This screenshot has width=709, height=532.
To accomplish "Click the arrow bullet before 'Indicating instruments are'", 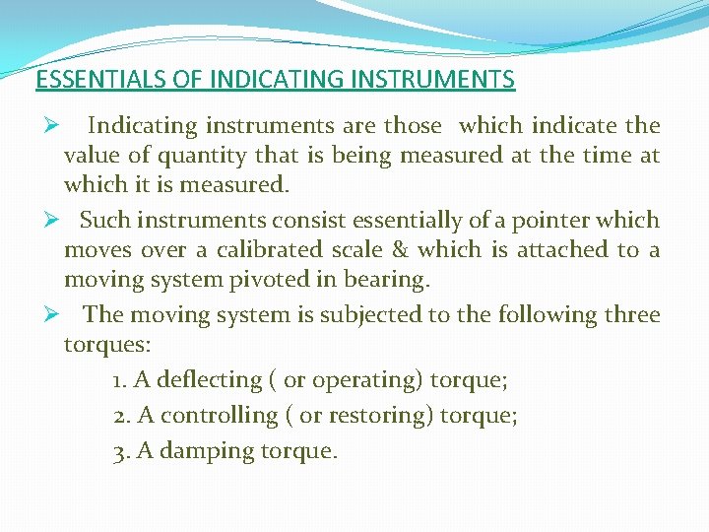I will [x=44, y=126].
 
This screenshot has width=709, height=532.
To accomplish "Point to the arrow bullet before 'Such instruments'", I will [x=44, y=220].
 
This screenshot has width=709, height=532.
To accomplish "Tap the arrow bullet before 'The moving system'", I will [x=44, y=315].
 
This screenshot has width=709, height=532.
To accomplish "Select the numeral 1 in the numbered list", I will [x=118, y=380].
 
